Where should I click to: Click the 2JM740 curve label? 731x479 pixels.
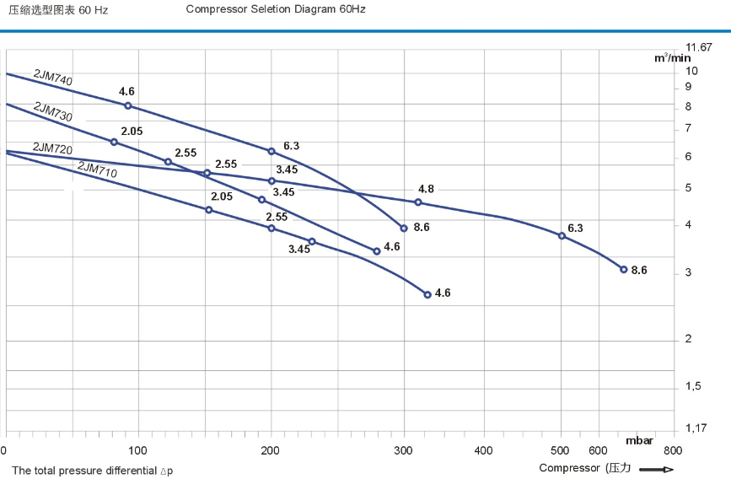click(x=52, y=78)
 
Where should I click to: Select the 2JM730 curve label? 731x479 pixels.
click(x=52, y=111)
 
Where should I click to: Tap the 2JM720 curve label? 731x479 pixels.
click(x=51, y=148)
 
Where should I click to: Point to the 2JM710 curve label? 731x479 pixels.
click(x=97, y=170)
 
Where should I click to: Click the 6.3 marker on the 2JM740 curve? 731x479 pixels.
click(x=271, y=151)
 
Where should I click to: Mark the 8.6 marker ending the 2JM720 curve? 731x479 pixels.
click(x=624, y=270)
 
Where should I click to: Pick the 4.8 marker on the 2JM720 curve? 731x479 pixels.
click(x=417, y=202)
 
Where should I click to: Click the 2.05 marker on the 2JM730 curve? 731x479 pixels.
click(x=114, y=142)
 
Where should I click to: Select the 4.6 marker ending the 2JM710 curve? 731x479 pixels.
click(x=427, y=294)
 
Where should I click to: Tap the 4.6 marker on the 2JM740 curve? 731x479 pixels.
click(x=128, y=105)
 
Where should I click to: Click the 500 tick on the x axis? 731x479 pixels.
click(x=562, y=450)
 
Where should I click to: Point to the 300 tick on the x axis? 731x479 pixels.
click(x=403, y=450)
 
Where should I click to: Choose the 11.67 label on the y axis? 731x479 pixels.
click(x=699, y=47)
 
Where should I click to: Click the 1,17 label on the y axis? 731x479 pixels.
click(x=696, y=428)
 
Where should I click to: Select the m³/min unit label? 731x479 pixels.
click(x=672, y=58)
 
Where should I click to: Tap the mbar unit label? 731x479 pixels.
click(x=640, y=439)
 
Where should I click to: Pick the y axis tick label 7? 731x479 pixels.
click(x=688, y=128)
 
